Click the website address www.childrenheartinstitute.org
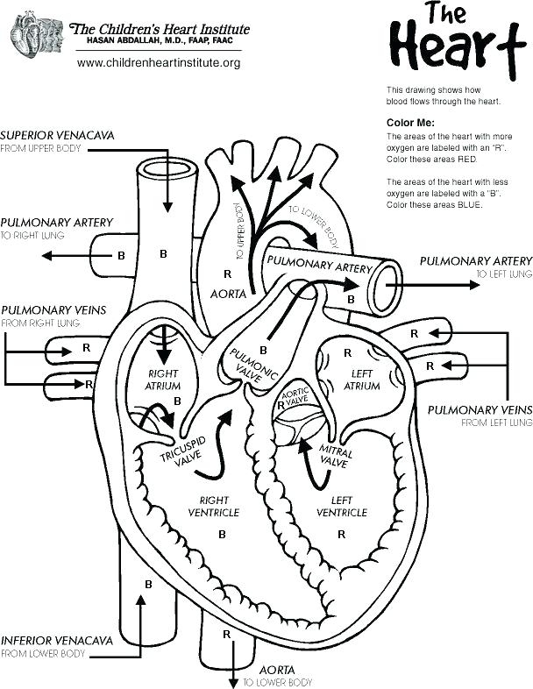(x=159, y=63)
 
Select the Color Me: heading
(x=410, y=123)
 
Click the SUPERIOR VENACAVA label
(x=57, y=136)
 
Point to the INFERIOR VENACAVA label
(x=57, y=640)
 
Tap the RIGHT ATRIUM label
(x=163, y=380)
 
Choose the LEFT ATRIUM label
(x=361, y=380)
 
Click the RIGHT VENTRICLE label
(x=214, y=506)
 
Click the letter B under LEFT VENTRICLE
(x=341, y=533)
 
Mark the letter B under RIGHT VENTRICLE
(x=222, y=533)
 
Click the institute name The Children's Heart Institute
(x=160, y=29)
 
